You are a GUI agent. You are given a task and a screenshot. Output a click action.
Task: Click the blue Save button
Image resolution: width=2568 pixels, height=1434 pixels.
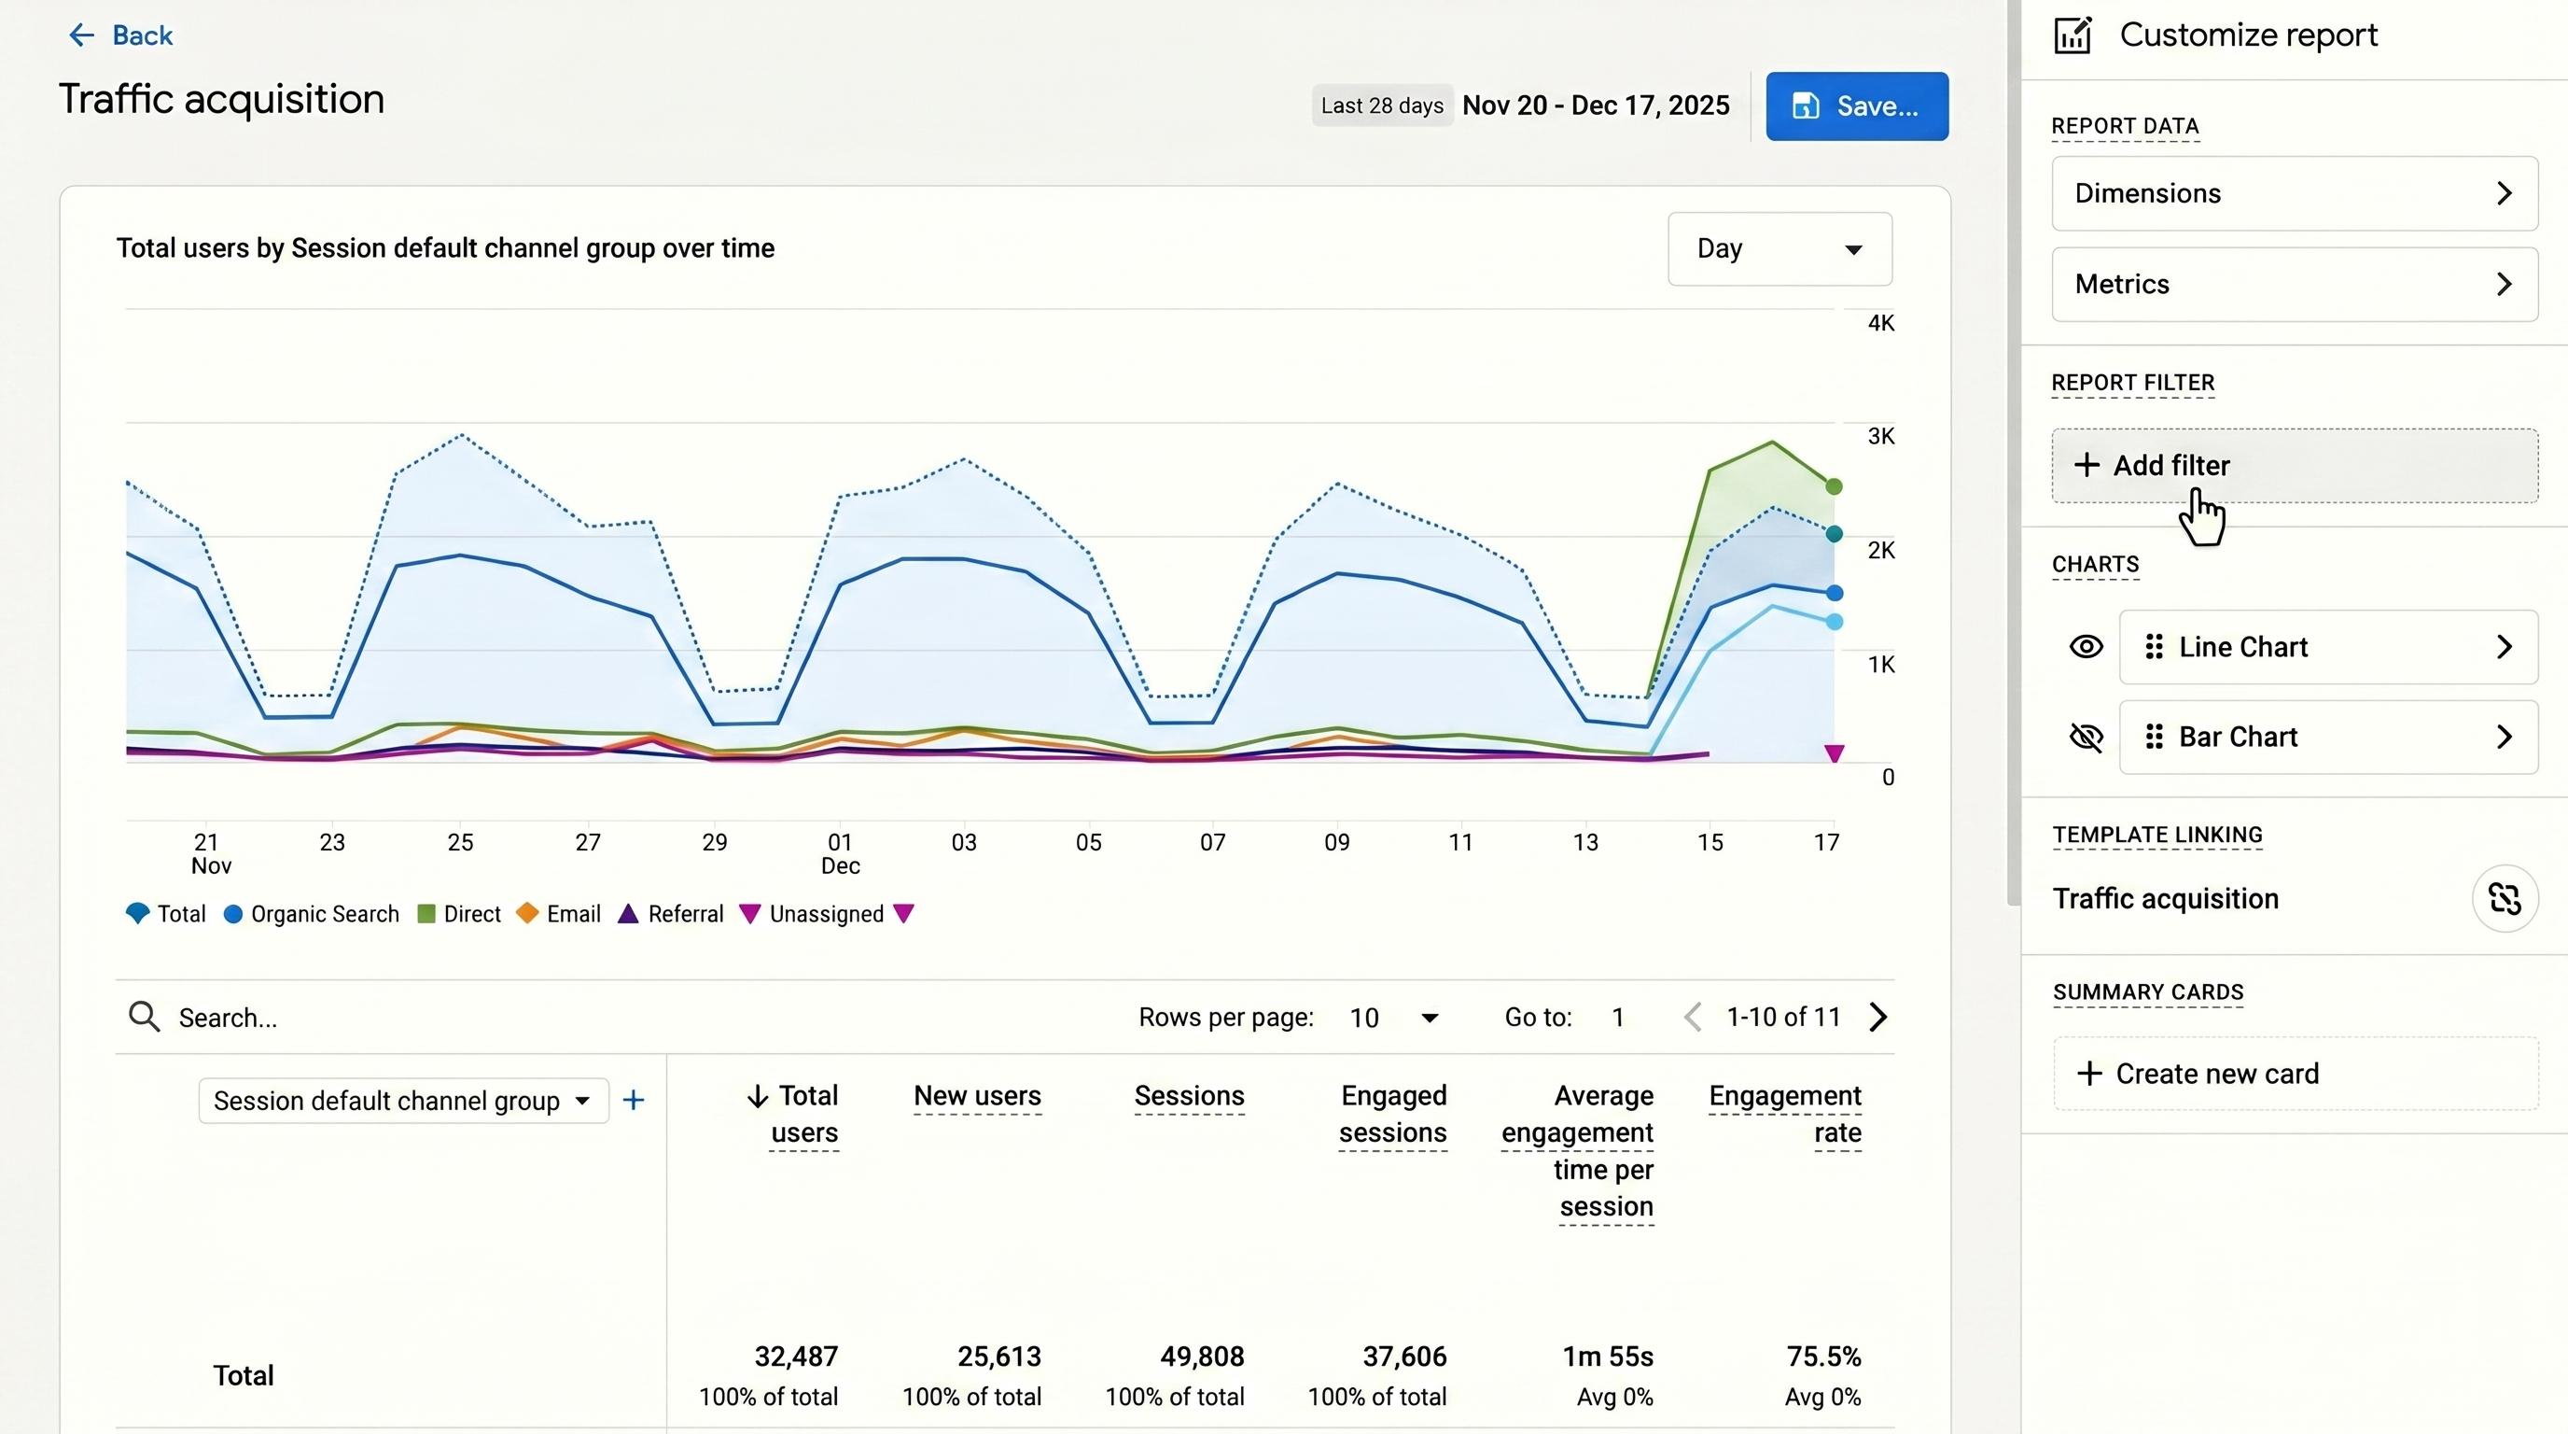[1856, 105]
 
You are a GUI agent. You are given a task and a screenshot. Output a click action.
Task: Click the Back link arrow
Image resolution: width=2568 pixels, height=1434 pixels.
[81, 35]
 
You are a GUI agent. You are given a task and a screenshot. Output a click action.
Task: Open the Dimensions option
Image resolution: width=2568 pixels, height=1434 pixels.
[2294, 193]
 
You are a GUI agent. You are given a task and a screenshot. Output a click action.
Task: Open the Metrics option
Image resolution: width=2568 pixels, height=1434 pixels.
[2294, 284]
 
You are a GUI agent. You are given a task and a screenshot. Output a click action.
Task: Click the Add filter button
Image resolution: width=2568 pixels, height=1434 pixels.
[2294, 466]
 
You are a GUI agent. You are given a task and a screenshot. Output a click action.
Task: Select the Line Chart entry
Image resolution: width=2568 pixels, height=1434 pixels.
[2328, 647]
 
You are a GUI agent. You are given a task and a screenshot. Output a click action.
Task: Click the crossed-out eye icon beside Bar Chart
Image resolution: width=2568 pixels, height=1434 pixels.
[2086, 737]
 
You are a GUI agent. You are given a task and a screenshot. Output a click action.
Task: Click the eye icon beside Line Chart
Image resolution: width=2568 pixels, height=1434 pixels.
[2086, 647]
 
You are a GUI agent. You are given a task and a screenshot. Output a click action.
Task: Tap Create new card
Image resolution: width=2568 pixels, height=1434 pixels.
[2294, 1074]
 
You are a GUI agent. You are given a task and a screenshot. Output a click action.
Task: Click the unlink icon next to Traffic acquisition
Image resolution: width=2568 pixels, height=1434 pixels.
[2505, 898]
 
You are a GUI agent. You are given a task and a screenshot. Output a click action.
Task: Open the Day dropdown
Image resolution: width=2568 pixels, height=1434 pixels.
[1779, 249]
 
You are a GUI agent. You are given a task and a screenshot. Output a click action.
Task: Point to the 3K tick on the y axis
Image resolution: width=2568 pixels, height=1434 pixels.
[1880, 437]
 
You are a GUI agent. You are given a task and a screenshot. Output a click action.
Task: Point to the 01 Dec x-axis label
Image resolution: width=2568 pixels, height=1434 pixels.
[840, 853]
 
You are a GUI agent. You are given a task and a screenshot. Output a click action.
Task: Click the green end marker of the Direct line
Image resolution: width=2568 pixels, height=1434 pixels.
[1834, 486]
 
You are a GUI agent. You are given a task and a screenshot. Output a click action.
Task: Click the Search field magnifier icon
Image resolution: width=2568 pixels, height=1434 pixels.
[145, 1018]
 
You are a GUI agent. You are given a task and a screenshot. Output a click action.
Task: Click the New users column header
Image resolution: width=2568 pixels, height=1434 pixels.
[977, 1096]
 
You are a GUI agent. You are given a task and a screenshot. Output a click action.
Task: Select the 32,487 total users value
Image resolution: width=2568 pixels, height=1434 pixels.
[796, 1357]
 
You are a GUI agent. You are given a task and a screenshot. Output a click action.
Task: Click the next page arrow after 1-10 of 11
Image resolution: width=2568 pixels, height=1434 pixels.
[1878, 1018]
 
